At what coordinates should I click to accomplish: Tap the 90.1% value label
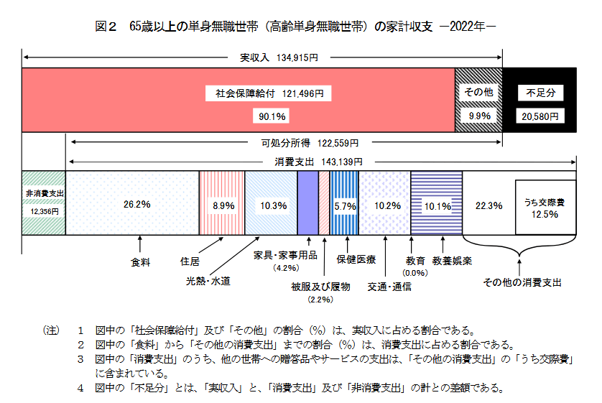pyautogui.click(x=269, y=115)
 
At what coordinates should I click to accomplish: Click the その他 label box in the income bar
pyautogui.click(x=478, y=93)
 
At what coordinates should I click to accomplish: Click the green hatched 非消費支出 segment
pyautogui.click(x=44, y=203)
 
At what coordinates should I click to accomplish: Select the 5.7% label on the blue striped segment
pyautogui.click(x=345, y=205)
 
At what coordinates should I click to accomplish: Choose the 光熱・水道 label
pyautogui.click(x=208, y=282)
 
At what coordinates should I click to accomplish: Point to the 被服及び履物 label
pyautogui.click(x=320, y=286)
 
